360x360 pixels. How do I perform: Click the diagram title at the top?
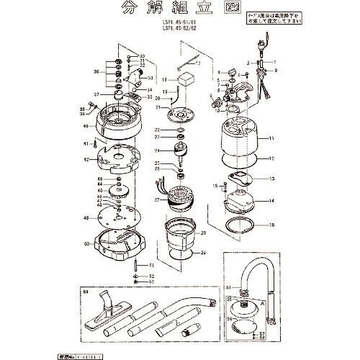(180, 12)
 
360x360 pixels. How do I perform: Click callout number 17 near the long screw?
(198, 63)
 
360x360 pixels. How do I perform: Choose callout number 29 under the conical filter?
(203, 253)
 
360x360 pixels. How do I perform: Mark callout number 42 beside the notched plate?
(85, 160)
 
